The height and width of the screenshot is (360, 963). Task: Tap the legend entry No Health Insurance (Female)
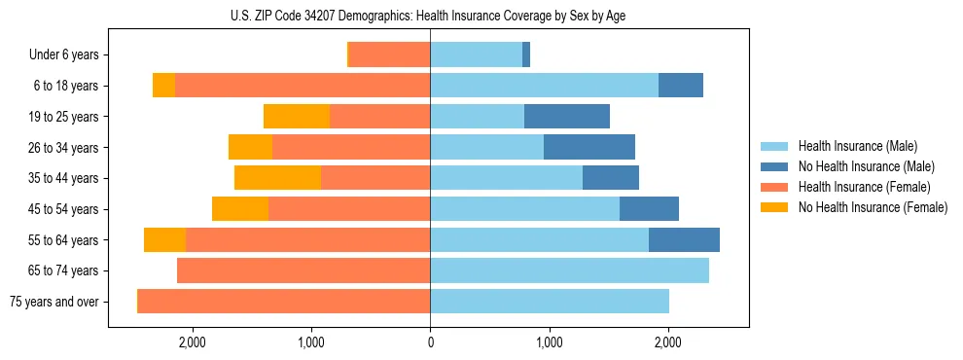[873, 207]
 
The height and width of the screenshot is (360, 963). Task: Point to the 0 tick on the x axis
[430, 342]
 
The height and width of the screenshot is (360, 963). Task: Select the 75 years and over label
[53, 302]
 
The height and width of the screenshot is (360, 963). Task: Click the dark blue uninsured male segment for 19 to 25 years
[567, 117]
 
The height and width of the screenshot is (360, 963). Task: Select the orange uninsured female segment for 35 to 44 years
[277, 178]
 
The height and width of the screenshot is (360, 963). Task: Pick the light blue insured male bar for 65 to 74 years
[569, 270]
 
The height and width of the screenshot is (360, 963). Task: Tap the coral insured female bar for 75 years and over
[284, 302]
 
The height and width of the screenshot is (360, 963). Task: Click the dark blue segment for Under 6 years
[526, 55]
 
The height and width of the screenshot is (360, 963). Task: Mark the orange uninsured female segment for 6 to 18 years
[163, 86]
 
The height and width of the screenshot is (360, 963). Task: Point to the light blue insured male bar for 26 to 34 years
[486, 147]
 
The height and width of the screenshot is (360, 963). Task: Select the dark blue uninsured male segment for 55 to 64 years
[684, 240]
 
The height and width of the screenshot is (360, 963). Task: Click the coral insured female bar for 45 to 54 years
[349, 209]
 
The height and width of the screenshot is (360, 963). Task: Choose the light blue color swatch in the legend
[774, 146]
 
